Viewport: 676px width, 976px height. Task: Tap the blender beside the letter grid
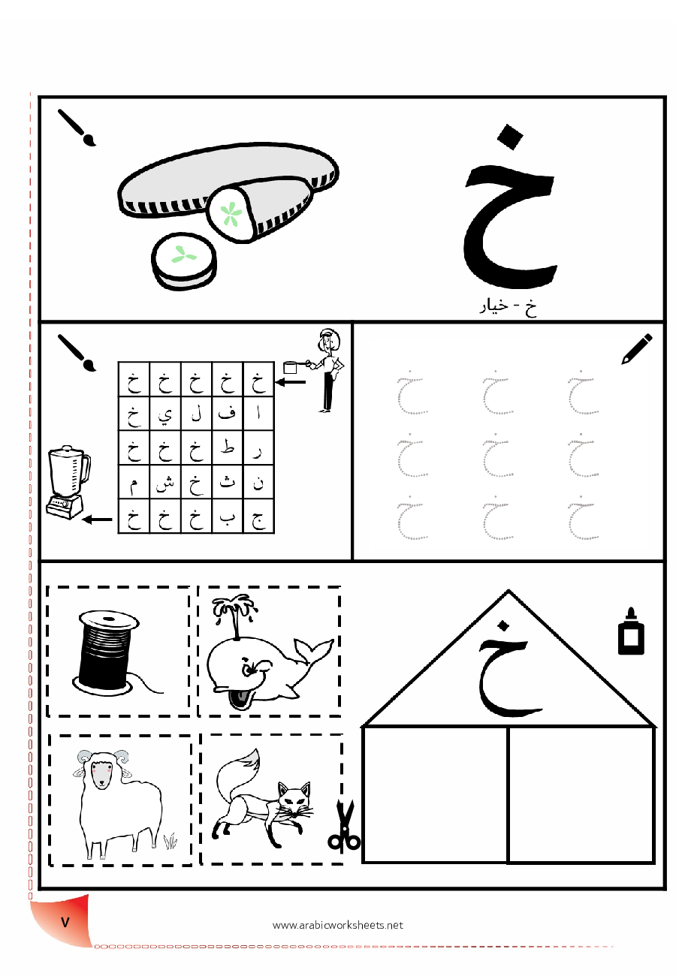tap(68, 482)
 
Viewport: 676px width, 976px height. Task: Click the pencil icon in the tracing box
tap(636, 348)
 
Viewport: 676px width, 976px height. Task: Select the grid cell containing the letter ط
tap(227, 447)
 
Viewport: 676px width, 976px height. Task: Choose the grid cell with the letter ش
tap(164, 482)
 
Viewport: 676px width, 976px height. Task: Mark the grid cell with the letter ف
tap(227, 414)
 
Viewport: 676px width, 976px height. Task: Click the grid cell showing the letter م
tap(134, 482)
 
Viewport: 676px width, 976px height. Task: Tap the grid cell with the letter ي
tap(164, 414)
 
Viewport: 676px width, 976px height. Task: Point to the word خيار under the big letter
tap(493, 307)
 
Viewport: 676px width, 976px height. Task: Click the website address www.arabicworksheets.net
tap(338, 925)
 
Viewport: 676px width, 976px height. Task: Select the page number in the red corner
tap(65, 922)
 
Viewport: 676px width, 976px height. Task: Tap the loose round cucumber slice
tap(183, 261)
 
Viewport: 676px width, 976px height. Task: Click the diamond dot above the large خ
tap(510, 137)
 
